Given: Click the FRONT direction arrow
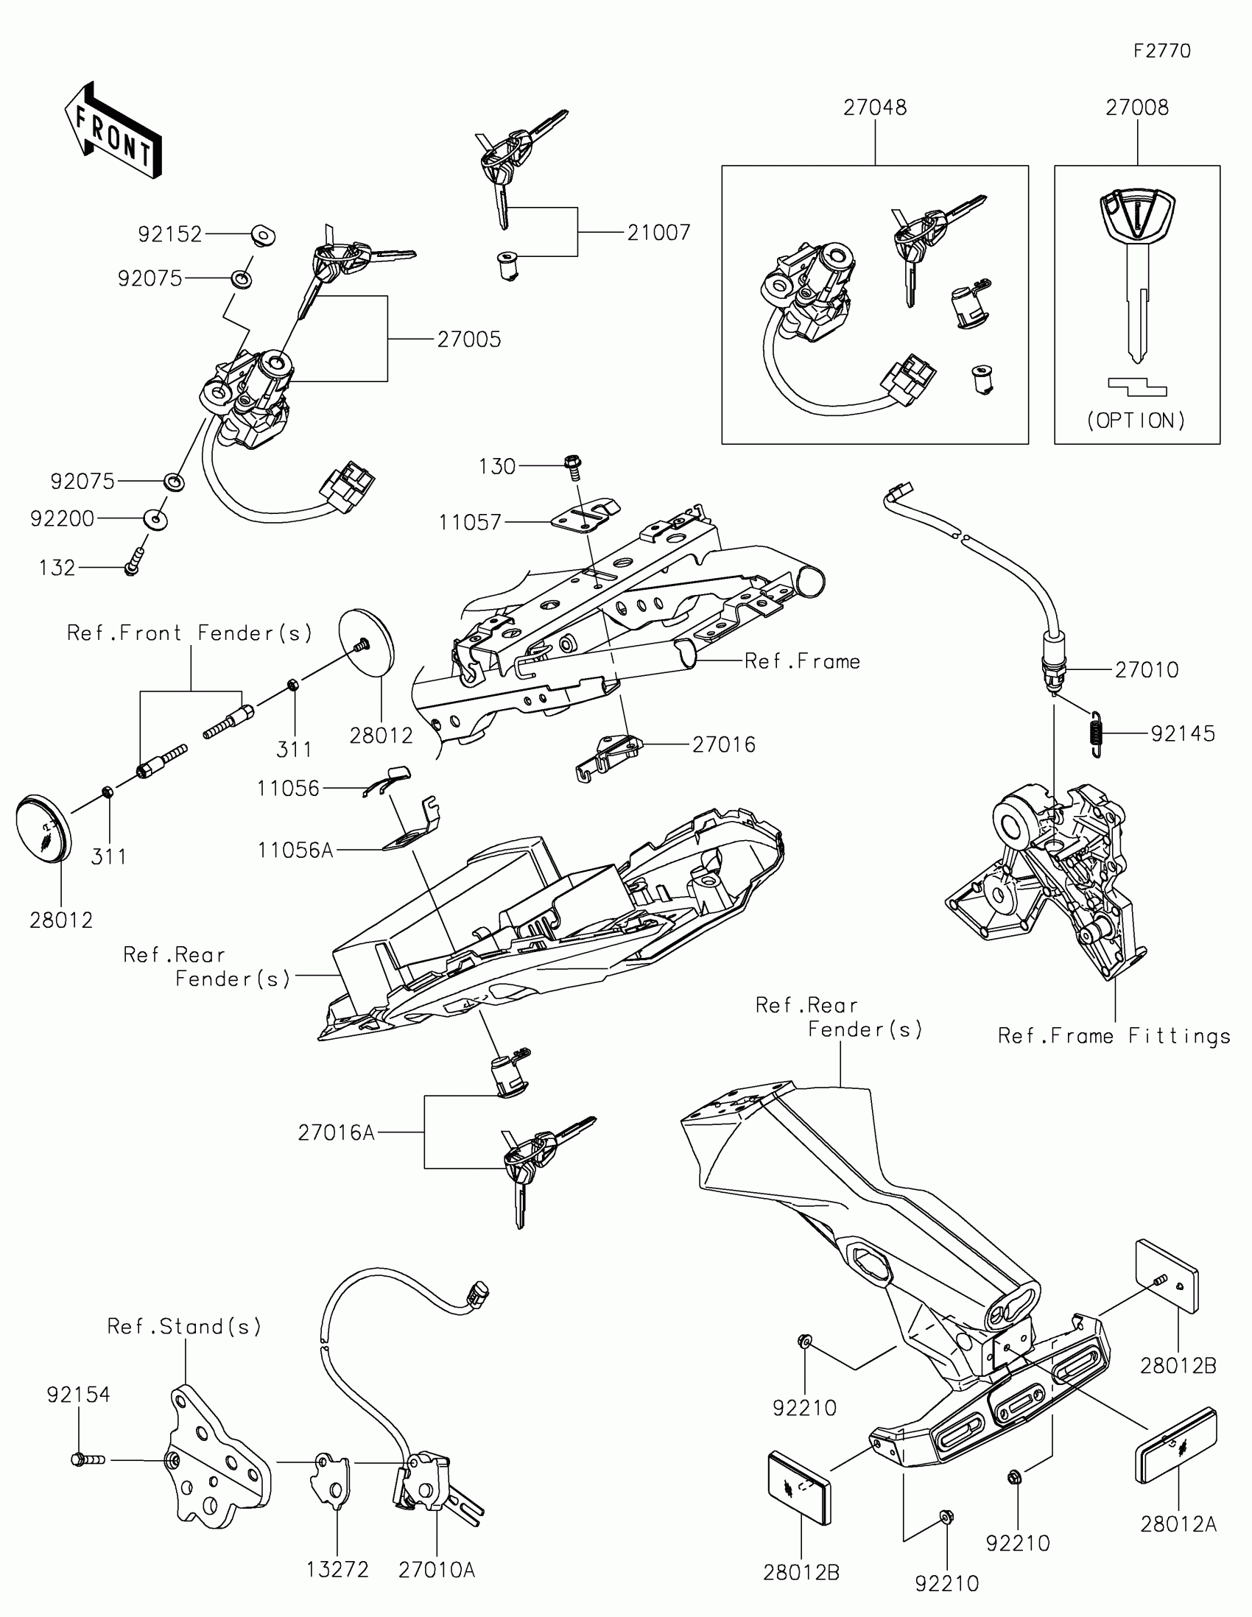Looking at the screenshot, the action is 113,131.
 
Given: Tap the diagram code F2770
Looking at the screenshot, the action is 1162,51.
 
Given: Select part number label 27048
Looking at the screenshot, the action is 875,108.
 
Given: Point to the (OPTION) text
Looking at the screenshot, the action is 1136,420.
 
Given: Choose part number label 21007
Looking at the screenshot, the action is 659,233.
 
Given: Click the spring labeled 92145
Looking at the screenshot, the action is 1097,733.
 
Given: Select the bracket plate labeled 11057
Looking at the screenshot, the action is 585,514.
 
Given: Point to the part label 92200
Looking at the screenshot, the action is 62,519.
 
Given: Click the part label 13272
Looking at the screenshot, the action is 338,1570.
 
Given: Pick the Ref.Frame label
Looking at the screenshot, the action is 803,661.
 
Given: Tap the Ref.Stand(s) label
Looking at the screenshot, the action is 184,1326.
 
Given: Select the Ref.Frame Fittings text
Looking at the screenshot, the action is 1114,1036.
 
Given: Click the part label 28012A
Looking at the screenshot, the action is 1178,1524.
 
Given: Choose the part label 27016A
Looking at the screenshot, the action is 336,1132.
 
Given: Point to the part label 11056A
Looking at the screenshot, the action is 295,850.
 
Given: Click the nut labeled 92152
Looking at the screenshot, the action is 261,236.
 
